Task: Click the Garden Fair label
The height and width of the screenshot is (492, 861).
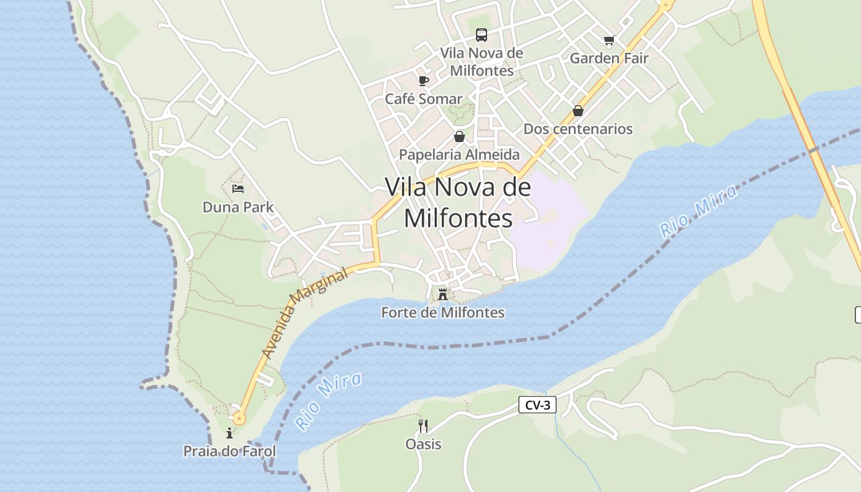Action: (x=609, y=58)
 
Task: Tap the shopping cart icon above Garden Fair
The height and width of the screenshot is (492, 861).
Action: (x=609, y=41)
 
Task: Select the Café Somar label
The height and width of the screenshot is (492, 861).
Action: (x=423, y=99)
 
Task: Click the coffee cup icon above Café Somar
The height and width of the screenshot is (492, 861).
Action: (x=423, y=81)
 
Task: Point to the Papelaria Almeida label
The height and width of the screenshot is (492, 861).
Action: (x=459, y=154)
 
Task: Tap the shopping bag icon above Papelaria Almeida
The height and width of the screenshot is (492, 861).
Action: (x=459, y=137)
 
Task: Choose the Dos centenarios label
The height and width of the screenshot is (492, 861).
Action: (x=577, y=129)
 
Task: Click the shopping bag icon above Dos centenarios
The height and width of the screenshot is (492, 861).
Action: (x=577, y=111)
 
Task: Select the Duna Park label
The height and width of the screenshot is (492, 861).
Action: (x=238, y=207)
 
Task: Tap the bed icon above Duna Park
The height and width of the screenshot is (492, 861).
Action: (x=238, y=189)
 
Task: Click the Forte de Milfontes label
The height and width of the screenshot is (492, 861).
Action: (x=443, y=313)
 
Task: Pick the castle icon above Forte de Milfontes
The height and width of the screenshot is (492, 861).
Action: (x=443, y=295)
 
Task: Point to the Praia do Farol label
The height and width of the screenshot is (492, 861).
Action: (x=229, y=451)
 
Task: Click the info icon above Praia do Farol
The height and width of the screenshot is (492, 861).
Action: (x=229, y=433)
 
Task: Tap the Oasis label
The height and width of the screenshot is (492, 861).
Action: (x=423, y=444)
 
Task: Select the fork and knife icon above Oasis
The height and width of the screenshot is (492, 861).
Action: (x=423, y=426)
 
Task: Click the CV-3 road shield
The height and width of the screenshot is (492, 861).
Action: (x=538, y=405)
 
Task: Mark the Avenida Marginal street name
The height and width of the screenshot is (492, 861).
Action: (x=304, y=314)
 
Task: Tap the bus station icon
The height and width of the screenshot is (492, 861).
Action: (x=482, y=35)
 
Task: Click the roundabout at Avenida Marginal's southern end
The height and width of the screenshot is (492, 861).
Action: (x=239, y=419)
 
